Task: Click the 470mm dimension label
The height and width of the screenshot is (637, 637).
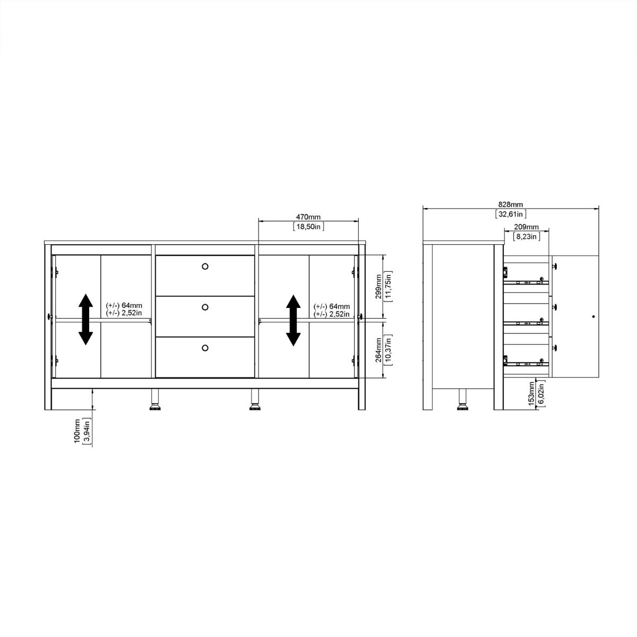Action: pyautogui.click(x=308, y=217)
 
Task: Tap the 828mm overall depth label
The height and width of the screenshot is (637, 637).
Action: pyautogui.click(x=511, y=204)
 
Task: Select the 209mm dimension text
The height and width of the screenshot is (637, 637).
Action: pyautogui.click(x=526, y=227)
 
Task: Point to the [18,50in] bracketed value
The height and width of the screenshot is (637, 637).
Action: pyautogui.click(x=308, y=227)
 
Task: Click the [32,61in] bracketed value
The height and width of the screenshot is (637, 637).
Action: pyautogui.click(x=511, y=214)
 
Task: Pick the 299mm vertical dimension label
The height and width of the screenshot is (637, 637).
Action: pyautogui.click(x=378, y=287)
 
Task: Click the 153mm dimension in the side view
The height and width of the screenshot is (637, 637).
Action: pyautogui.click(x=531, y=393)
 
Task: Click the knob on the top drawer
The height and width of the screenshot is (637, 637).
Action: pyautogui.click(x=205, y=266)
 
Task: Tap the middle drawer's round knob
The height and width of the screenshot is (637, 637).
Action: pyautogui.click(x=205, y=307)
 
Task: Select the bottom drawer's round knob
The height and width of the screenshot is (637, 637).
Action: pyautogui.click(x=205, y=348)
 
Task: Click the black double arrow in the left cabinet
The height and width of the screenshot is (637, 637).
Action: pyautogui.click(x=85, y=320)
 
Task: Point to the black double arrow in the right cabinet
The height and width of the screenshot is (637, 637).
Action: pyautogui.click(x=293, y=320)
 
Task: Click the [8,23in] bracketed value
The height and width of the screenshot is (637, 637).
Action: pyautogui.click(x=526, y=237)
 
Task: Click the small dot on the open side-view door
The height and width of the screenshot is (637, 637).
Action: pyautogui.click(x=593, y=316)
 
